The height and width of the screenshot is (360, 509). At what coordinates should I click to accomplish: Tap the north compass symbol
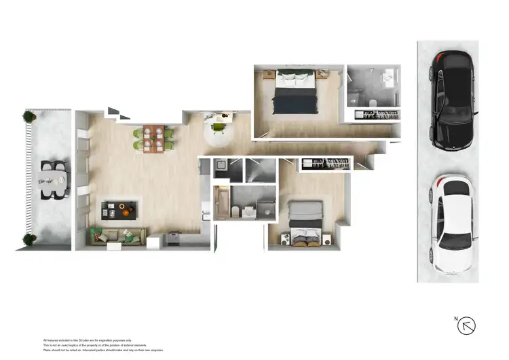(466, 325)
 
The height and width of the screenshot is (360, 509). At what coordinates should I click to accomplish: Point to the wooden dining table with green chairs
(153, 137)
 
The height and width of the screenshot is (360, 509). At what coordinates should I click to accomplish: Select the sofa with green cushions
(117, 236)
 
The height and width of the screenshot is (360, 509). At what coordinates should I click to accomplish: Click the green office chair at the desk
(219, 126)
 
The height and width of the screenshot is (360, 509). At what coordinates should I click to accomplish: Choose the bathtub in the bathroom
(222, 204)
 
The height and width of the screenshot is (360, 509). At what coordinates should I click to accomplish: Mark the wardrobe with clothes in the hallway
(324, 164)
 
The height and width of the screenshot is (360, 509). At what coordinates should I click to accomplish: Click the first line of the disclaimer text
(88, 340)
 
